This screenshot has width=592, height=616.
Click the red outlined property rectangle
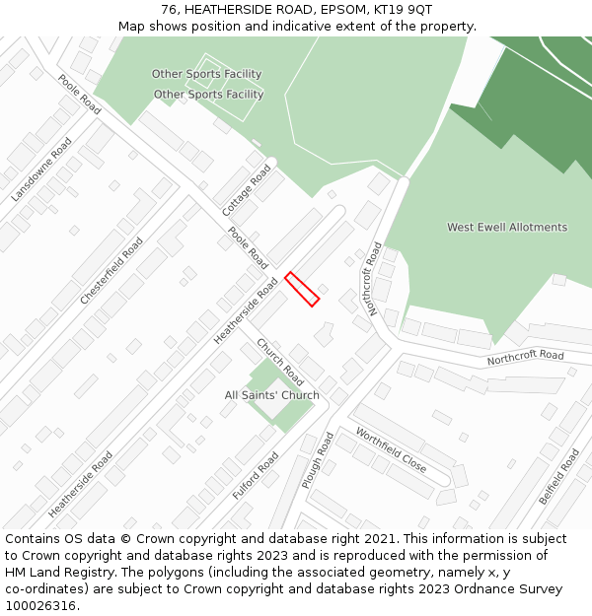pyautogui.click(x=302, y=289)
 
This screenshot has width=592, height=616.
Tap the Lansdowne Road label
pyautogui.click(x=42, y=170)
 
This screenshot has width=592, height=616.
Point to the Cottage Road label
pyautogui.click(x=247, y=190)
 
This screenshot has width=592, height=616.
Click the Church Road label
pyautogui.click(x=280, y=362)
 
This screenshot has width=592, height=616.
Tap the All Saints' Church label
pyautogui.click(x=271, y=395)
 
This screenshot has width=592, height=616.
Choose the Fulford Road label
pyautogui.click(x=256, y=476)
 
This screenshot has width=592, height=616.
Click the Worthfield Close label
pyautogui.click(x=391, y=450)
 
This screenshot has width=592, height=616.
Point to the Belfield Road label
pyautogui.click(x=559, y=477)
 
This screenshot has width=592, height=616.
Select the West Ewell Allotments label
pyautogui.click(x=507, y=227)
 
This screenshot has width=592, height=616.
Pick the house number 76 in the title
pyautogui.click(x=169, y=10)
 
